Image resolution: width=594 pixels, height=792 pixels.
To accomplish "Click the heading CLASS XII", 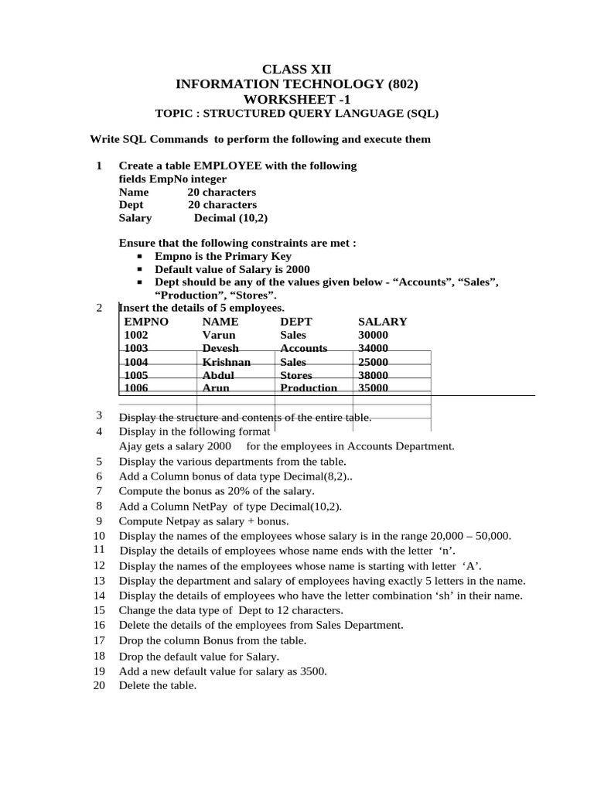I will (297, 70).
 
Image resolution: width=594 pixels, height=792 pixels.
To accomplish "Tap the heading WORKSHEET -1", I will (297, 99).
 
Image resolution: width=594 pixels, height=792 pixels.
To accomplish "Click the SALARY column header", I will (382, 322).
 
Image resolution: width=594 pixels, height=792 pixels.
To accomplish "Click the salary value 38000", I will (374, 375).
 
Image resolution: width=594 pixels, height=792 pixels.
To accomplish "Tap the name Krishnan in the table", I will (227, 362).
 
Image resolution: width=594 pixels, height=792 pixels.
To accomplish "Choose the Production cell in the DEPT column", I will (309, 388).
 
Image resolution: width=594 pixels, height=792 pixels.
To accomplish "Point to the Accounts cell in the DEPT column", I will (304, 349).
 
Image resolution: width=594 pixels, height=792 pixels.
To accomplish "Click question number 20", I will (99, 685).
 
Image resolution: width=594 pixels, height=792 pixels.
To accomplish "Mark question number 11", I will (99, 549).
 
